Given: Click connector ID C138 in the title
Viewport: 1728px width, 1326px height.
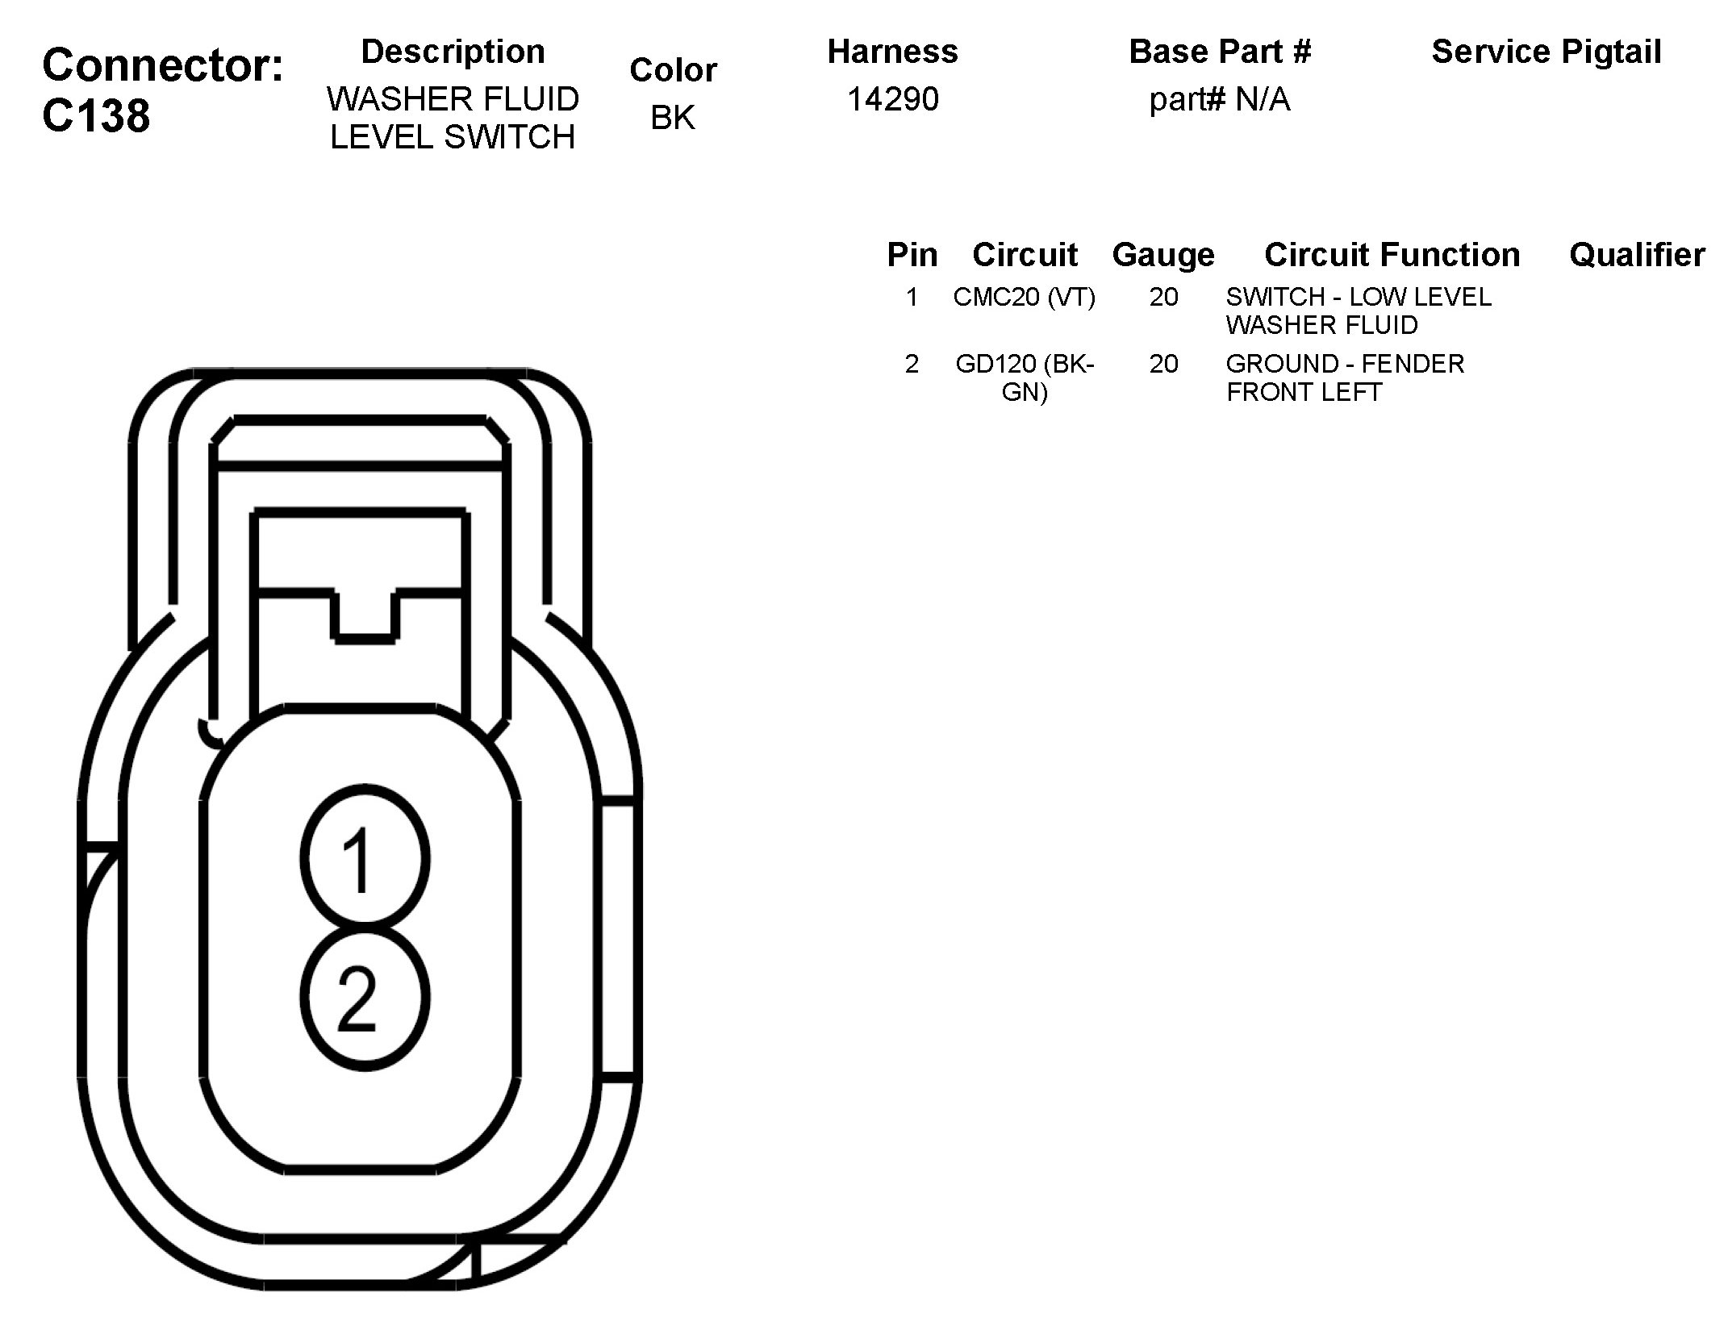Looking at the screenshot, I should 96,116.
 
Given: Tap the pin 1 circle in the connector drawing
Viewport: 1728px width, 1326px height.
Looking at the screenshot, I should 365,858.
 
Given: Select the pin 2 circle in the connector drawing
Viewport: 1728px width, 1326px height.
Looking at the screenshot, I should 365,999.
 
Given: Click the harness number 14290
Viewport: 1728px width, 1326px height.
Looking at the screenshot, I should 892,100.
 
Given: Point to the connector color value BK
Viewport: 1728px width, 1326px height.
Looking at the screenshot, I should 673,118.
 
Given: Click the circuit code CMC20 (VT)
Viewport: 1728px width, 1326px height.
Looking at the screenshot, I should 1024,298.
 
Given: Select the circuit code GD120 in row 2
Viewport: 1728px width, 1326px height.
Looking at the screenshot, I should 997,365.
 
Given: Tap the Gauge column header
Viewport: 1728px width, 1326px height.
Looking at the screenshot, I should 1162,255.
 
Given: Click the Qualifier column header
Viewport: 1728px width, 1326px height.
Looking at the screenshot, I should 1637,255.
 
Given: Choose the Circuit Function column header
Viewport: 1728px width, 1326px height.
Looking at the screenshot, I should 1392,255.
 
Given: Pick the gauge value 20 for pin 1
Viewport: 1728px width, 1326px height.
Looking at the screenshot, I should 1163,298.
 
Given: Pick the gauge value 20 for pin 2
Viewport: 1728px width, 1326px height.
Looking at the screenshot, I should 1163,365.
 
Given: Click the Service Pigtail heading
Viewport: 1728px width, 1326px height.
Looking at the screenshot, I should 1546,52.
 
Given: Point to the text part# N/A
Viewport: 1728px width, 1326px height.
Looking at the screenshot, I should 1219,100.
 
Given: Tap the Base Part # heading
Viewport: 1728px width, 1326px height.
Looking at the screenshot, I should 1219,52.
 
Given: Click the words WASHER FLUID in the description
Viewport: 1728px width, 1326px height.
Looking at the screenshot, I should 453,100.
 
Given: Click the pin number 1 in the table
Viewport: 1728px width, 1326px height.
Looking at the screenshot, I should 912,298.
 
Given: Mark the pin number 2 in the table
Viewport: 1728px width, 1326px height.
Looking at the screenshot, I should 912,365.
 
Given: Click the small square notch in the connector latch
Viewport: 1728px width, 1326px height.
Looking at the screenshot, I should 365,616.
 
